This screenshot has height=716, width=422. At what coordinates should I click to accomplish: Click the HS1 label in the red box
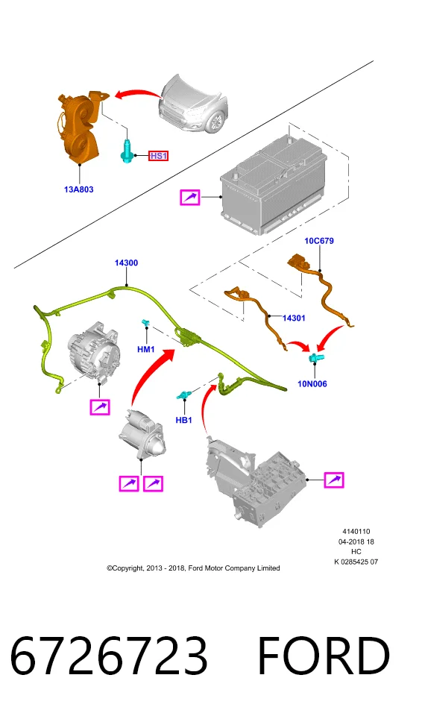pyautogui.click(x=159, y=156)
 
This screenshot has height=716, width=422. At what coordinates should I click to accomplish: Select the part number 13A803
pyautogui.click(x=78, y=189)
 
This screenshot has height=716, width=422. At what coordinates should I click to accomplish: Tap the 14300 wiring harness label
pyautogui.click(x=126, y=263)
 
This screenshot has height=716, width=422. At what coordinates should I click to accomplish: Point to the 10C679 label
pyautogui.click(x=319, y=241)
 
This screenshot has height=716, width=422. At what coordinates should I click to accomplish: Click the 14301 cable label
pyautogui.click(x=294, y=318)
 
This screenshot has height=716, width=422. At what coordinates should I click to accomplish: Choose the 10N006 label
pyautogui.click(x=312, y=384)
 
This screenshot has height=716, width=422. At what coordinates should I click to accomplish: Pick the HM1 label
pyautogui.click(x=146, y=350)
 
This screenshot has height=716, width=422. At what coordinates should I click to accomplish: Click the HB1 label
pyautogui.click(x=183, y=420)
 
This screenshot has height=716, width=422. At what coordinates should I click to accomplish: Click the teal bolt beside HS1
pyautogui.click(x=127, y=151)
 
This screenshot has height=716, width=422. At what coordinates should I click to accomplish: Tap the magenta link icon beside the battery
pyautogui.click(x=190, y=197)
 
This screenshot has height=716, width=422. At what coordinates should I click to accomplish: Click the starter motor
pyautogui.click(x=142, y=433)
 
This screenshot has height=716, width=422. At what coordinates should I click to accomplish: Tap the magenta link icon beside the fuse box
pyautogui.click(x=334, y=480)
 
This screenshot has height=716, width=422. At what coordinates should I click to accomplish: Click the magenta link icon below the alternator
pyautogui.click(x=100, y=407)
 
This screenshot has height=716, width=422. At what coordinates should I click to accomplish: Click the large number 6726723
pyautogui.click(x=109, y=656)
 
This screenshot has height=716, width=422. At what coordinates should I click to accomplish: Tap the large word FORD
pyautogui.click(x=324, y=656)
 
